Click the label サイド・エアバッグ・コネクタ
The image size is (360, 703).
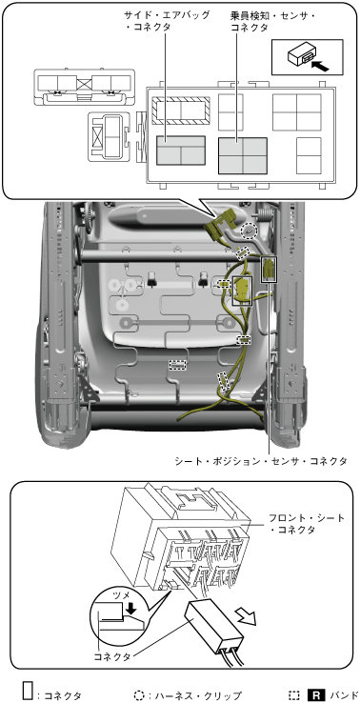point(167,21)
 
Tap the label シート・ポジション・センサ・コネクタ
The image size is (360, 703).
point(261,461)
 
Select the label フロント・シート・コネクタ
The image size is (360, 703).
point(307,524)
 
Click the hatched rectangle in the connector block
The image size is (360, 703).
point(181,110)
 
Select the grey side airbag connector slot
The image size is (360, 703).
point(181,151)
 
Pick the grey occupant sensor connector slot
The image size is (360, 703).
point(243,155)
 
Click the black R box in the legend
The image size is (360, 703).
point(315,695)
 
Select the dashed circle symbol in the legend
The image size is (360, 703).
point(139,695)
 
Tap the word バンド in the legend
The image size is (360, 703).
point(342,695)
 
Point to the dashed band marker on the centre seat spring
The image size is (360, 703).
point(177,365)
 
